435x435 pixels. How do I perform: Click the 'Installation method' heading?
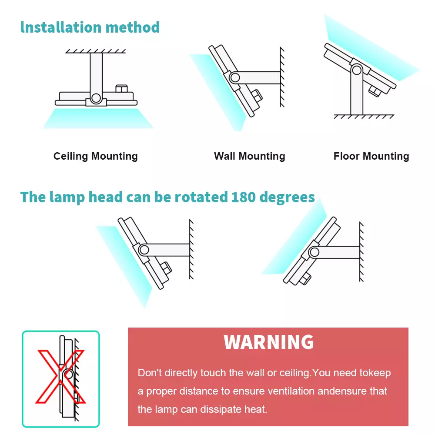(x=90, y=27)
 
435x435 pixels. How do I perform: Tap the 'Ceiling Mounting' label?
(x=95, y=156)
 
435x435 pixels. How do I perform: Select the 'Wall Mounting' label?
(x=249, y=156)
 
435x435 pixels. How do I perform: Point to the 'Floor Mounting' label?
(x=371, y=156)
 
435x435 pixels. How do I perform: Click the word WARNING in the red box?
(x=268, y=342)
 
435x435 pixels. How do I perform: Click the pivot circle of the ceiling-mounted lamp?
(x=96, y=98)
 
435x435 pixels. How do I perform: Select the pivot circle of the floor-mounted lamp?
(x=357, y=70)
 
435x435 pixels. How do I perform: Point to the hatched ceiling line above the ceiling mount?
(x=95, y=51)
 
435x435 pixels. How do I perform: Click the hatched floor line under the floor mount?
(x=364, y=117)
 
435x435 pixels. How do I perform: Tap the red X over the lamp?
(x=60, y=376)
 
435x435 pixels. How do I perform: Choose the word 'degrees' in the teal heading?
(x=287, y=197)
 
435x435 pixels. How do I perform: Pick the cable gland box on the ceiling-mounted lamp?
(x=121, y=88)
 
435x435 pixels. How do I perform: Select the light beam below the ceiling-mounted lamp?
(x=98, y=118)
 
